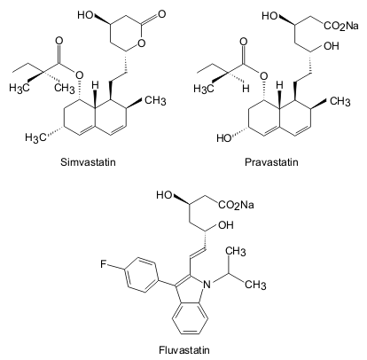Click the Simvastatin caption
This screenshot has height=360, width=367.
tap(88, 162)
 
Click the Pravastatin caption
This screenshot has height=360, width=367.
tap(272, 162)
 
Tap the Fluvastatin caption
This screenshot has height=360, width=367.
tap(184, 350)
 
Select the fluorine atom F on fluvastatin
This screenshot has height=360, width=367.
tap(103, 264)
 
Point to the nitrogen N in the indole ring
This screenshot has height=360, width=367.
tap(207, 285)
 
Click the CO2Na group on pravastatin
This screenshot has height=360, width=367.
tap(341, 26)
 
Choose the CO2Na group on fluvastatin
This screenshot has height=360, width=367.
tap(236, 205)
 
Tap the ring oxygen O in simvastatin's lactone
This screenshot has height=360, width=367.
tap(142, 43)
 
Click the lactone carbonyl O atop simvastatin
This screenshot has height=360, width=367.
tap(161, 14)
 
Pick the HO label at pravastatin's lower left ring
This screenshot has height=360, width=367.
tap(223, 138)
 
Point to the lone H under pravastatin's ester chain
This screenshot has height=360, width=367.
tap(246, 89)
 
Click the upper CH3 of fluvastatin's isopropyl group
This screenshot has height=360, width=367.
tap(236, 252)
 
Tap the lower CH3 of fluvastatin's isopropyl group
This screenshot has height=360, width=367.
tap(255, 285)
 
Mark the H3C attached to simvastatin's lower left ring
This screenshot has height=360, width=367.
tap(35, 137)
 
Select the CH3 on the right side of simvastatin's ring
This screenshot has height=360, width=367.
tap(155, 101)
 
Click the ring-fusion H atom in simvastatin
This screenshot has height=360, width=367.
tap(95, 85)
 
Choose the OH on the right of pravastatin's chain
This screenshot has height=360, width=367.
tap(332, 46)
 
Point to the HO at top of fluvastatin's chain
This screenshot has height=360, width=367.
tap(164, 195)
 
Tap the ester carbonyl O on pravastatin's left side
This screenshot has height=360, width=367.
tap(243, 42)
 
